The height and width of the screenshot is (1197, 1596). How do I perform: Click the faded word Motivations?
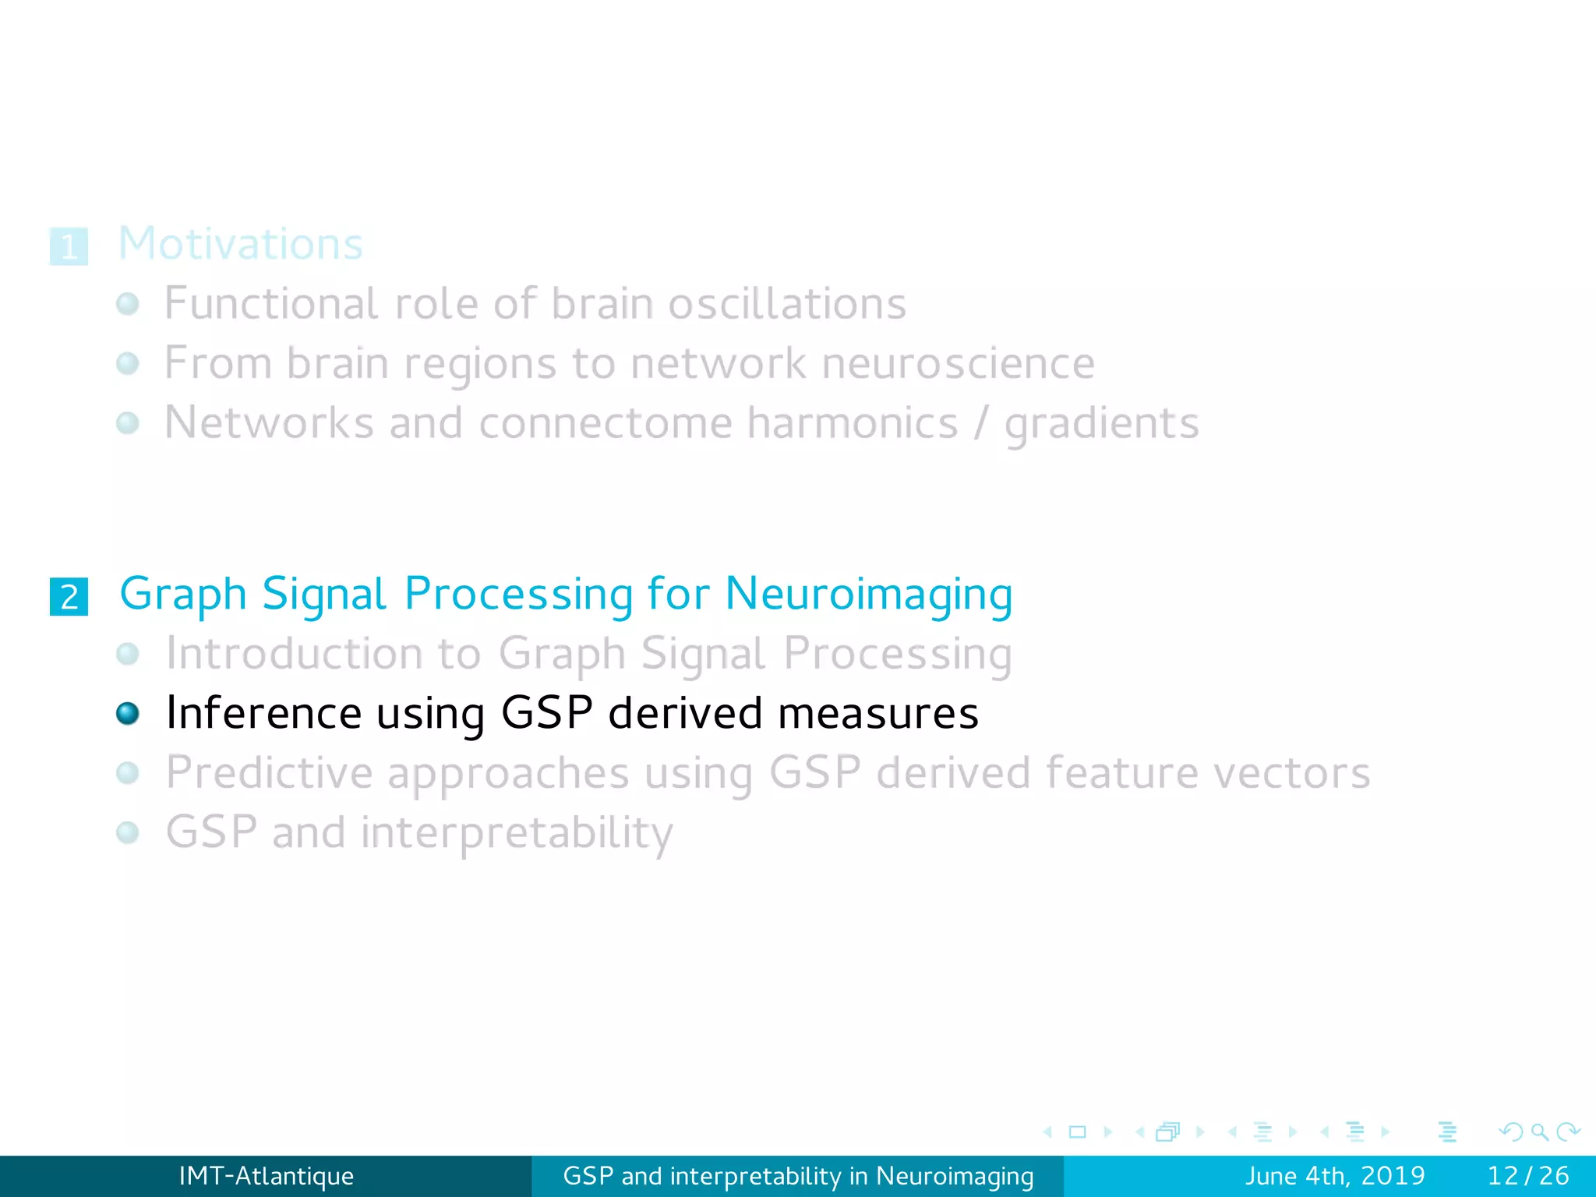tap(240, 244)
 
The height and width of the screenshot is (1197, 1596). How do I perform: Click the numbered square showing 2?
tap(69, 597)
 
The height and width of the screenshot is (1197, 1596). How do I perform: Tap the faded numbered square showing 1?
tap(69, 247)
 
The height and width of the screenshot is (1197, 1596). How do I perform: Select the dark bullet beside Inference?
tap(128, 713)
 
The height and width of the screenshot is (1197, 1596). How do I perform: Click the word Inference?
tap(264, 713)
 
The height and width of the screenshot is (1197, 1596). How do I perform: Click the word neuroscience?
tap(958, 363)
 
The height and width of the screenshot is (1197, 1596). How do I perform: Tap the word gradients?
tap(1101, 423)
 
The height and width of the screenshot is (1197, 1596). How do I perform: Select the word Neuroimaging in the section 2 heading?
tap(868, 594)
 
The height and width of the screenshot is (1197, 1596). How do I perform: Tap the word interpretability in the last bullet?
tap(517, 832)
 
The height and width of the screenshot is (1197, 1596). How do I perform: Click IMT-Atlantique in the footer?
tap(266, 1176)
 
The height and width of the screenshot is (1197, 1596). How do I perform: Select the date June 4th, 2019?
tap(1334, 1176)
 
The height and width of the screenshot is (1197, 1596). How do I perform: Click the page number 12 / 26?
tap(1527, 1176)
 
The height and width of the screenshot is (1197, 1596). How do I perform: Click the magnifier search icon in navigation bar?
tap(1539, 1132)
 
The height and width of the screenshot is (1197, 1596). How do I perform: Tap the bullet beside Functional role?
tap(128, 304)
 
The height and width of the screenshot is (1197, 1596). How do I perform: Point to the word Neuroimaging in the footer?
tap(955, 1176)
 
